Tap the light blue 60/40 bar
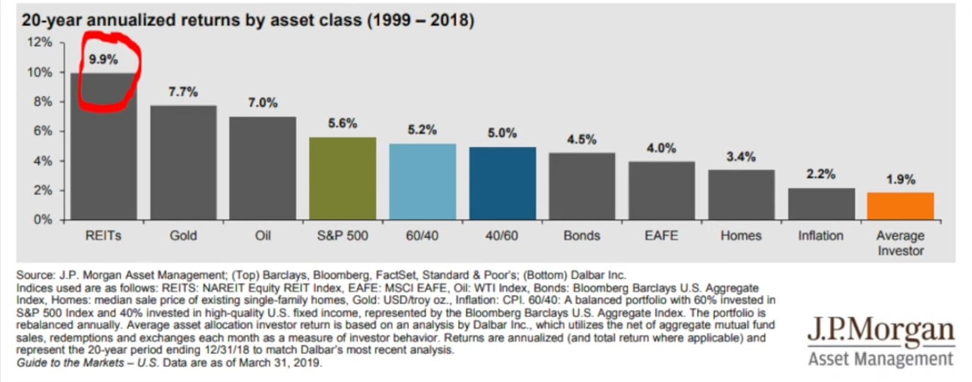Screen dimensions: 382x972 pyautogui.click(x=422, y=182)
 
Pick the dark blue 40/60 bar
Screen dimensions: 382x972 pyautogui.click(x=502, y=183)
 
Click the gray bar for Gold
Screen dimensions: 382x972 pyautogui.click(x=183, y=163)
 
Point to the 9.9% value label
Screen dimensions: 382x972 pyautogui.click(x=103, y=59)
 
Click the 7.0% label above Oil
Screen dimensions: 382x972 pyautogui.click(x=262, y=103)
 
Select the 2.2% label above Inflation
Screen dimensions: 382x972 pyautogui.click(x=821, y=174)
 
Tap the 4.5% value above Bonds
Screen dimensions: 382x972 pyautogui.click(x=582, y=139)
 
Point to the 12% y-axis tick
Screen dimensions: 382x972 pyautogui.click(x=41, y=42)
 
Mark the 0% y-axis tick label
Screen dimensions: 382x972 pyautogui.click(x=44, y=220)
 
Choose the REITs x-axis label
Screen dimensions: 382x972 pyautogui.click(x=103, y=236)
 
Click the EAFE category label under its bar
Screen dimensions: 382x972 pyautogui.click(x=662, y=236)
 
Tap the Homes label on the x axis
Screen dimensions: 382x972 pyautogui.click(x=741, y=236)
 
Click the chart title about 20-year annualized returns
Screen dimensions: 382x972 pyautogui.click(x=247, y=21)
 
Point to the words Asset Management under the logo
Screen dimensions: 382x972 pyautogui.click(x=881, y=359)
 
